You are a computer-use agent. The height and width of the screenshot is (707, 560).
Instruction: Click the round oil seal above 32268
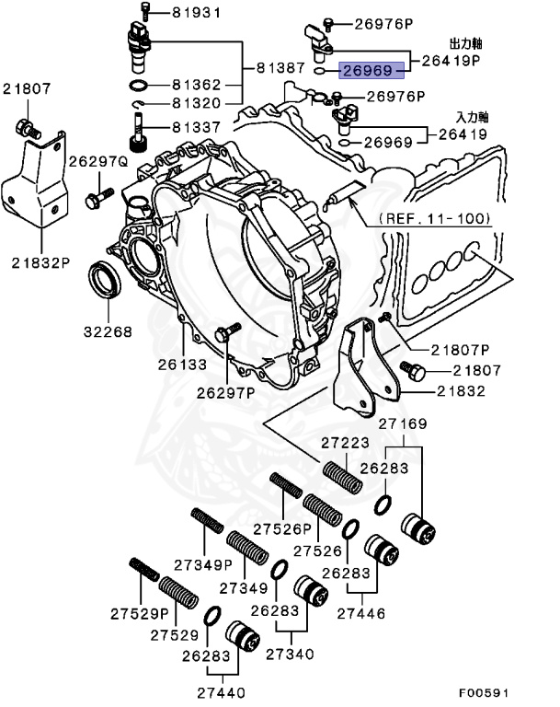(x=103, y=280)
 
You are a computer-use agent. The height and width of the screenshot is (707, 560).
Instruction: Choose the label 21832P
(x=41, y=261)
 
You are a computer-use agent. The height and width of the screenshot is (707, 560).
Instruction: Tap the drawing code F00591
(x=485, y=692)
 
